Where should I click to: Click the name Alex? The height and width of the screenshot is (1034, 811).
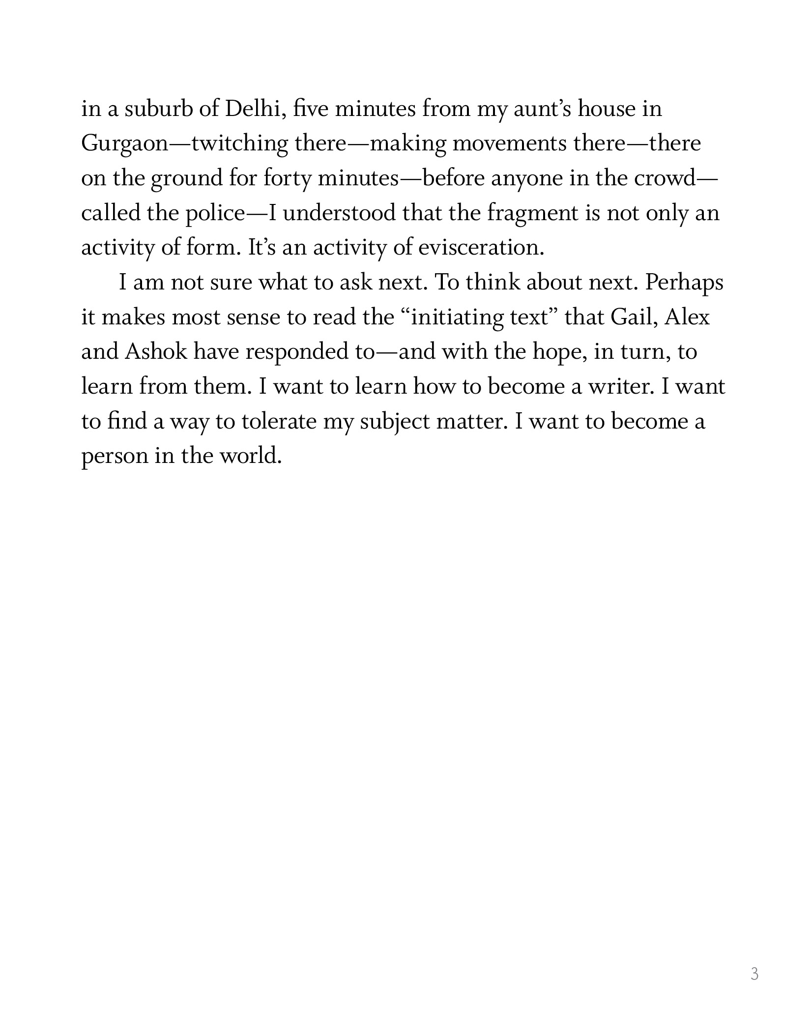pos(687,317)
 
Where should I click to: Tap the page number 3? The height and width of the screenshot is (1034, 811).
pos(754,974)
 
